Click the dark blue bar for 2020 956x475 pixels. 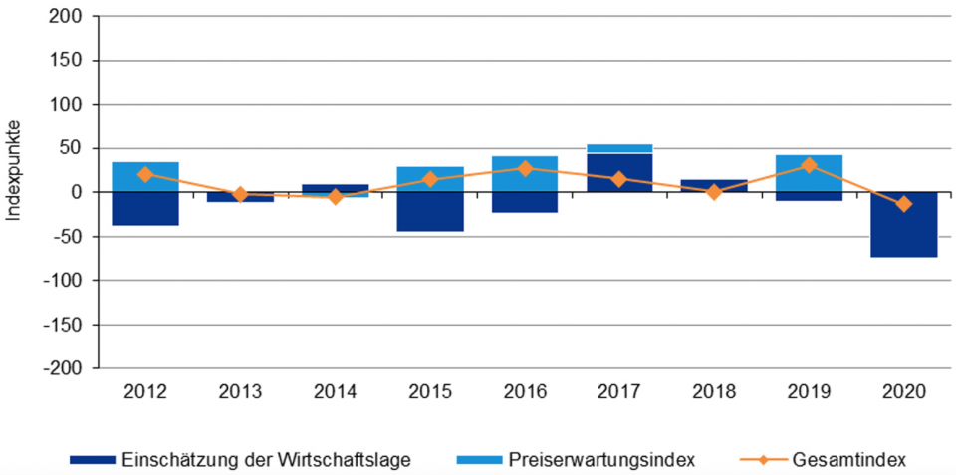click(x=903, y=225)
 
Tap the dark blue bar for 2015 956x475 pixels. click(x=430, y=212)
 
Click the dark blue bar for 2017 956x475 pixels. click(x=619, y=172)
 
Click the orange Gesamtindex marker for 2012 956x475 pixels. click(x=145, y=174)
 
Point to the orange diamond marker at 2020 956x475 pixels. click(x=903, y=204)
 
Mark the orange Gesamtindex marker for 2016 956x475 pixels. click(x=525, y=168)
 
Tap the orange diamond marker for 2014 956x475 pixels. click(x=336, y=197)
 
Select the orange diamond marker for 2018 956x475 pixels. click(x=714, y=192)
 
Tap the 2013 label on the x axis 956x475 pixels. click(x=240, y=392)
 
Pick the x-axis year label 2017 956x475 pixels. click(x=619, y=392)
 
